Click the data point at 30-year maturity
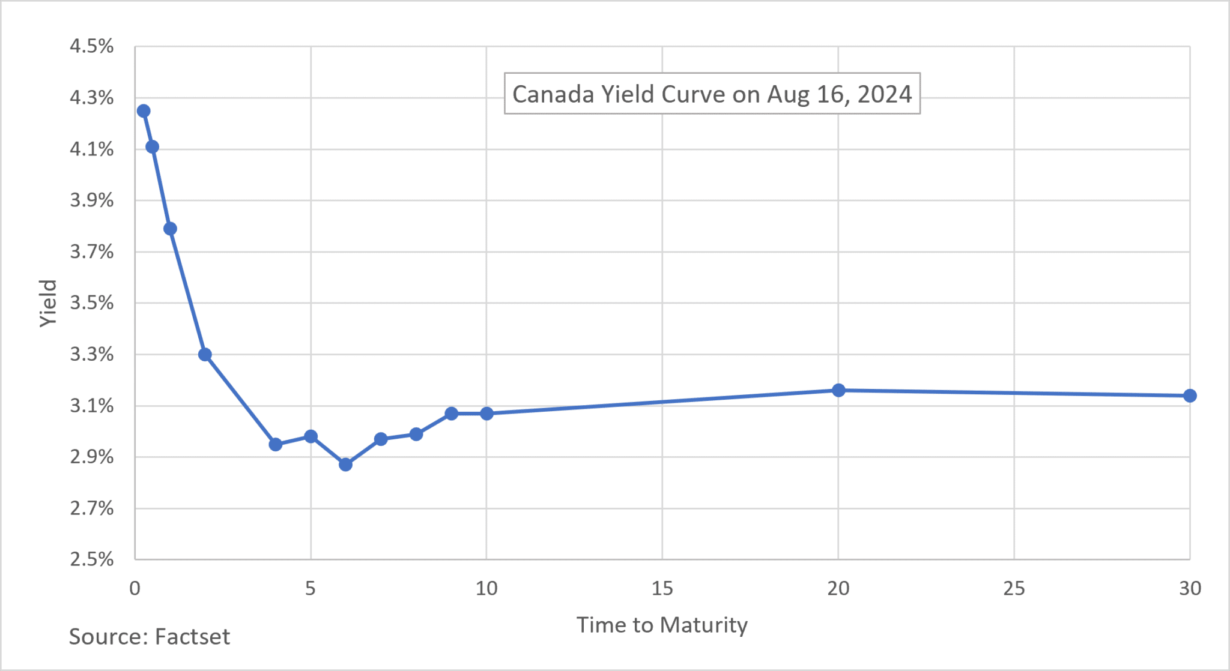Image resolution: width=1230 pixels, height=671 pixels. (x=1190, y=396)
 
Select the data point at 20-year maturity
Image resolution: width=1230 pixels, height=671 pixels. (x=838, y=390)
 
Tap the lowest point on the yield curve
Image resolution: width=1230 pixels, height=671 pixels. (x=345, y=465)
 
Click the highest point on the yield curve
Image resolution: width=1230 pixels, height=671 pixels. (x=144, y=111)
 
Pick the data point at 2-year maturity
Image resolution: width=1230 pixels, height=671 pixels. (x=205, y=355)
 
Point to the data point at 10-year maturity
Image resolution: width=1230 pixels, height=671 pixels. (x=486, y=414)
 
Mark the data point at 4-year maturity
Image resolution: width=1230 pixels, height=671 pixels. (x=276, y=445)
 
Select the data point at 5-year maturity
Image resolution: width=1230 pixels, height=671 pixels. (x=311, y=436)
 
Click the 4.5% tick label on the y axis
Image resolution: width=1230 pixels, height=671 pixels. (x=91, y=46)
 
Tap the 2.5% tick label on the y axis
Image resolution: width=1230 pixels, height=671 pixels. (x=91, y=559)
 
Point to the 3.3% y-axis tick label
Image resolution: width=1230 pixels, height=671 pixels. (x=91, y=354)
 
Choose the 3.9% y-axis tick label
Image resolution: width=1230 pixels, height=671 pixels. (x=91, y=200)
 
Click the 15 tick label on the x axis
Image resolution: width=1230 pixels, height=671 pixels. (x=662, y=589)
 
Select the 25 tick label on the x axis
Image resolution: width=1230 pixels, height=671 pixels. (x=1014, y=589)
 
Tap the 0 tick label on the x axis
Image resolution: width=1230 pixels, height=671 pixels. (x=135, y=589)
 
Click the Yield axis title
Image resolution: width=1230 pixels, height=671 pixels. (x=48, y=303)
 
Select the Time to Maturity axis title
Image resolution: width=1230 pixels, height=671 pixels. (x=662, y=625)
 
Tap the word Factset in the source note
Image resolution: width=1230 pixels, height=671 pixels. (x=192, y=636)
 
